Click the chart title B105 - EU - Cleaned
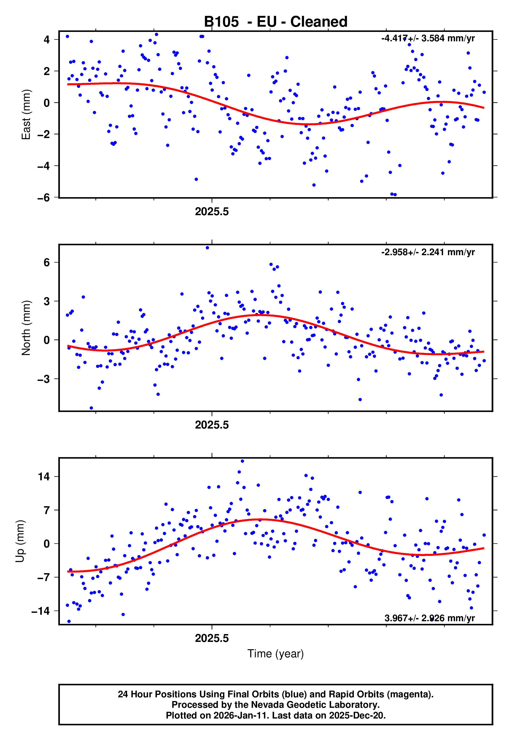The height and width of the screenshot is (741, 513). (276, 22)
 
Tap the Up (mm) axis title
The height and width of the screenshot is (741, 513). (20, 541)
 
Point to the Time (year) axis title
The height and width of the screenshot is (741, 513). (276, 654)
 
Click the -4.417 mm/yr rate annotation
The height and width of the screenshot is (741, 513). (428, 38)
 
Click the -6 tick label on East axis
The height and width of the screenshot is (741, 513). (43, 198)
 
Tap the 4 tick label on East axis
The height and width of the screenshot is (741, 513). (47, 40)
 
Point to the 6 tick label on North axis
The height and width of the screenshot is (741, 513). (47, 263)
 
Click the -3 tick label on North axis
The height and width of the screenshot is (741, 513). (43, 379)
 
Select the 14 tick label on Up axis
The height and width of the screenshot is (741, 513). (44, 477)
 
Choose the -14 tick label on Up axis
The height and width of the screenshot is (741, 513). (41, 611)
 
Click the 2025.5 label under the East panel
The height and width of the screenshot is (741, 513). (212, 212)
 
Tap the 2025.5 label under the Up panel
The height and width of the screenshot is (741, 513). (212, 638)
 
